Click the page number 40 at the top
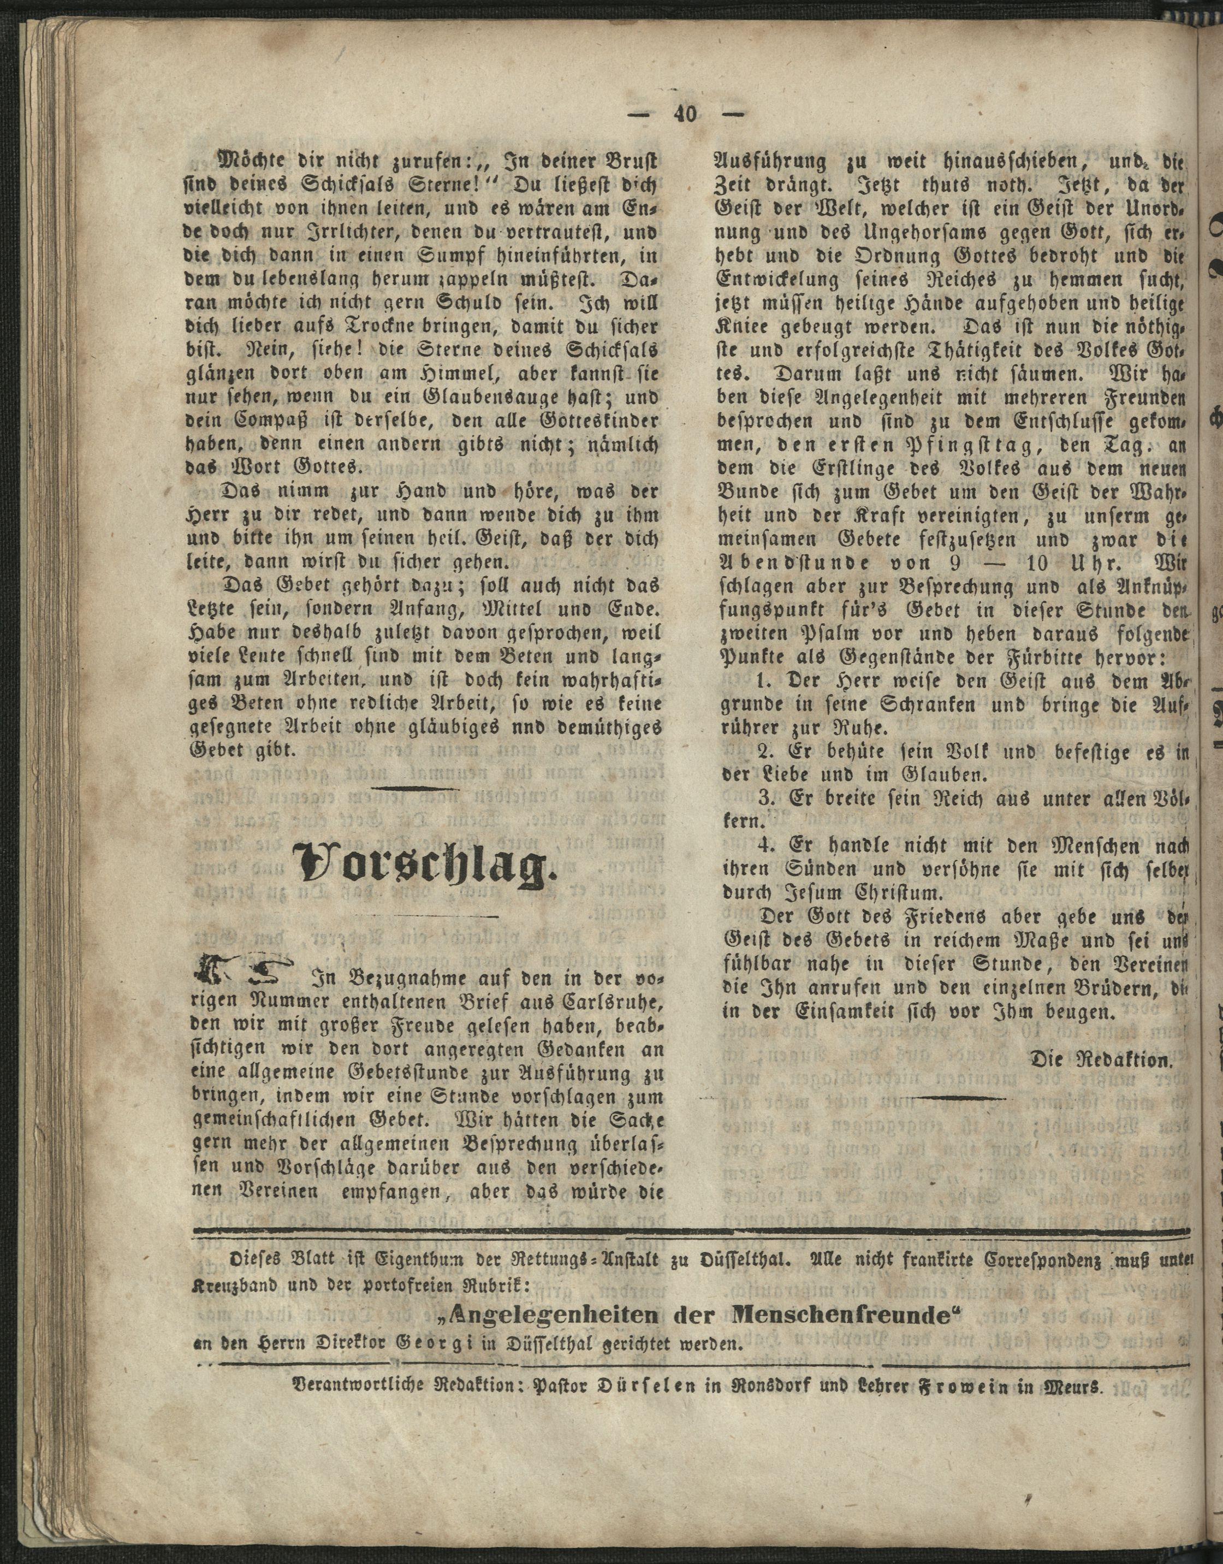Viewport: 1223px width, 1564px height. click(x=684, y=115)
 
